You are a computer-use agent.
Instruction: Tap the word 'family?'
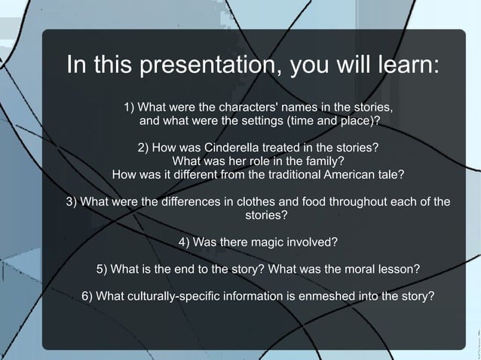tap(322, 160)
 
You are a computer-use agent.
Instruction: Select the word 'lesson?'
tap(397, 270)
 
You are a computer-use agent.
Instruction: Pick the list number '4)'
tap(184, 243)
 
